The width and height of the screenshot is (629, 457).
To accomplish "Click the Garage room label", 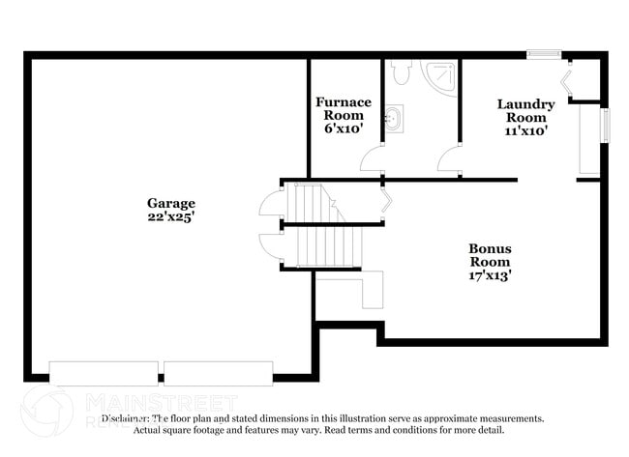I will click(x=170, y=203).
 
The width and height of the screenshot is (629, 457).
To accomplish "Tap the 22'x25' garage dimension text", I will click(x=170, y=217).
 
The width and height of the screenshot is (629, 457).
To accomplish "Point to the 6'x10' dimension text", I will click(x=343, y=128).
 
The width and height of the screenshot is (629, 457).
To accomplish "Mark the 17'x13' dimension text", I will click(x=491, y=274).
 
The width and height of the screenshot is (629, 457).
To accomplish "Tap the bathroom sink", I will click(x=393, y=121).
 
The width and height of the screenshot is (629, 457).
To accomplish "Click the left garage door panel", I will click(x=104, y=373).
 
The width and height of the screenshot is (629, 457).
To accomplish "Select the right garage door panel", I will click(x=218, y=373).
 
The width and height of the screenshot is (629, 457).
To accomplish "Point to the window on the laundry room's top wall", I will click(x=544, y=53).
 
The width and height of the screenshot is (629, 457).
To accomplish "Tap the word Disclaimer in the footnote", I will click(x=124, y=418).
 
